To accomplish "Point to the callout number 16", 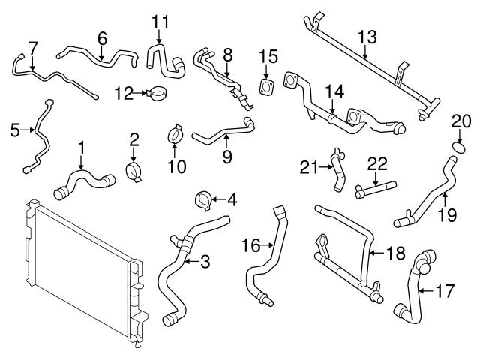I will click(251, 244).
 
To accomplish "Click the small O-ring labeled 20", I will click(458, 142).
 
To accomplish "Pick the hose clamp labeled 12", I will click(157, 94).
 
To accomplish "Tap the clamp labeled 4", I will click(201, 200).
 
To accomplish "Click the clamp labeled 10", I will click(175, 136).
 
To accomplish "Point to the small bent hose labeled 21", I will click(337, 169).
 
